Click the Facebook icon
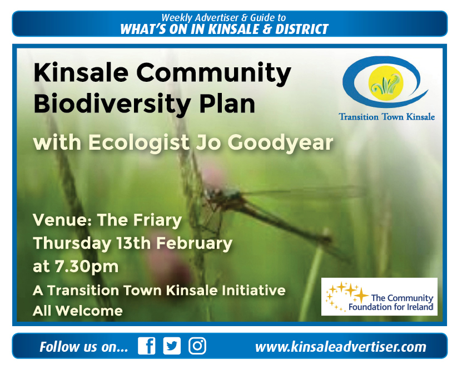tap(146, 346)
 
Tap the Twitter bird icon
tap(172, 346)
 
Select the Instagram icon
tap(197, 346)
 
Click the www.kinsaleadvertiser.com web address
tap(341, 347)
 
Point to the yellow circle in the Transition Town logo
tap(386, 83)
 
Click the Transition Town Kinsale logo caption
tap(387, 117)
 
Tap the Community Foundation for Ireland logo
tap(379, 297)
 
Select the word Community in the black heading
tap(213, 73)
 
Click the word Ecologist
tap(139, 143)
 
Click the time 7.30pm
tap(86, 267)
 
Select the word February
tap(194, 244)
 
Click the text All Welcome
tap(77, 311)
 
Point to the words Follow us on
tap(84, 347)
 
